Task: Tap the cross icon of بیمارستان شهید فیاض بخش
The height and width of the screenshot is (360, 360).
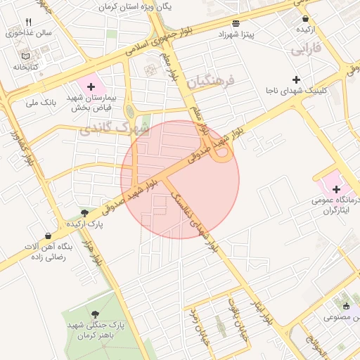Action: pyautogui.click(x=91, y=86)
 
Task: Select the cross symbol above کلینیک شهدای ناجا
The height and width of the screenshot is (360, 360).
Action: pyautogui.click(x=296, y=79)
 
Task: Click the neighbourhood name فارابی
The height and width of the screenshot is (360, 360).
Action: pyautogui.click(x=306, y=49)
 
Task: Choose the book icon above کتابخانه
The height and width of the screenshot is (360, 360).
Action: pyautogui.click(x=26, y=56)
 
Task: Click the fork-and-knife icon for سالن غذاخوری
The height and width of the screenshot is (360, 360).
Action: pyautogui.click(x=28, y=22)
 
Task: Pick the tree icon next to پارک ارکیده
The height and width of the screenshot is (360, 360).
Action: pyautogui.click(x=85, y=212)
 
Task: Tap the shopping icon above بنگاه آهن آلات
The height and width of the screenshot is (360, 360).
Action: pyautogui.click(x=48, y=236)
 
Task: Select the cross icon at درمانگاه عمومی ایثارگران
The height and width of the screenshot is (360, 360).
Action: pyautogui.click(x=336, y=188)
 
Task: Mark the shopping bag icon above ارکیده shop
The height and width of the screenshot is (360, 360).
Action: pyautogui.click(x=305, y=18)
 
